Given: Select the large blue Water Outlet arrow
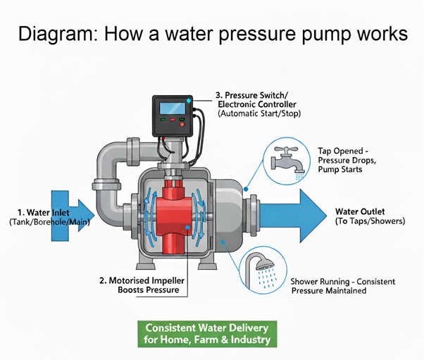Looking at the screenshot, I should [x=296, y=214].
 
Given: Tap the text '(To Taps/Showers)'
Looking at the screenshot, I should [x=370, y=221].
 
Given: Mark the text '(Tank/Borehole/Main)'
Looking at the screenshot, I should [x=44, y=221].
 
